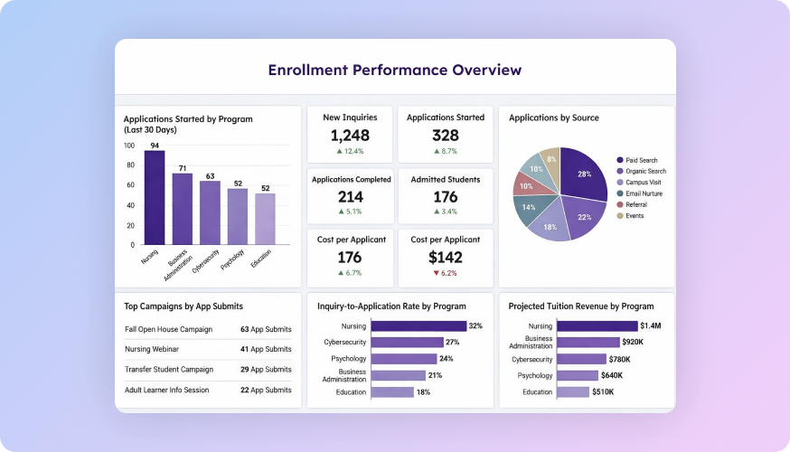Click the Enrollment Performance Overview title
click(395, 70)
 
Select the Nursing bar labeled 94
click(155, 197)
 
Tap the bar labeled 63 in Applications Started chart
click(210, 212)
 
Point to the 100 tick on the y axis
click(128, 146)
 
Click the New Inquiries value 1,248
click(350, 136)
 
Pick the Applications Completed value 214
click(350, 197)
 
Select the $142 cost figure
click(445, 258)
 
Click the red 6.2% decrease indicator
click(445, 273)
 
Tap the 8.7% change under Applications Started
click(445, 151)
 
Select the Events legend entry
click(635, 216)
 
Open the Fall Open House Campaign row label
click(168, 329)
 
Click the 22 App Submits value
click(266, 390)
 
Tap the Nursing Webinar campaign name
click(153, 349)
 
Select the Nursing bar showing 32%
click(418, 326)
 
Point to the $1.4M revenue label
click(652, 326)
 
